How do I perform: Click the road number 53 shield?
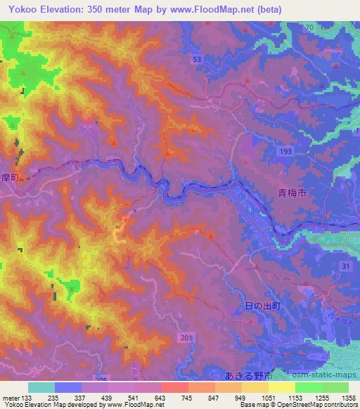click(x=198, y=60)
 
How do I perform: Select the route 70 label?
click(x=309, y=27)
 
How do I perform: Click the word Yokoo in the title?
click(x=19, y=9)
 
